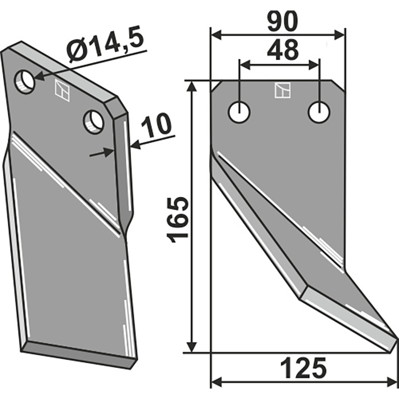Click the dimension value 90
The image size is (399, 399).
(x=282, y=22)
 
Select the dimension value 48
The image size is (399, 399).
(x=282, y=49)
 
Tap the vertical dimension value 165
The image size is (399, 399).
(x=178, y=219)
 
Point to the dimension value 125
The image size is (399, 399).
(x=303, y=368)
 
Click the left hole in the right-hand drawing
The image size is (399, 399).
(x=239, y=112)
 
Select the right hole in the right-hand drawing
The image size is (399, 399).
(x=319, y=112)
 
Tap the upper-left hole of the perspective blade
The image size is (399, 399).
(x=24, y=81)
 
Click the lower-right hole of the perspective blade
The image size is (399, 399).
(x=94, y=122)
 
